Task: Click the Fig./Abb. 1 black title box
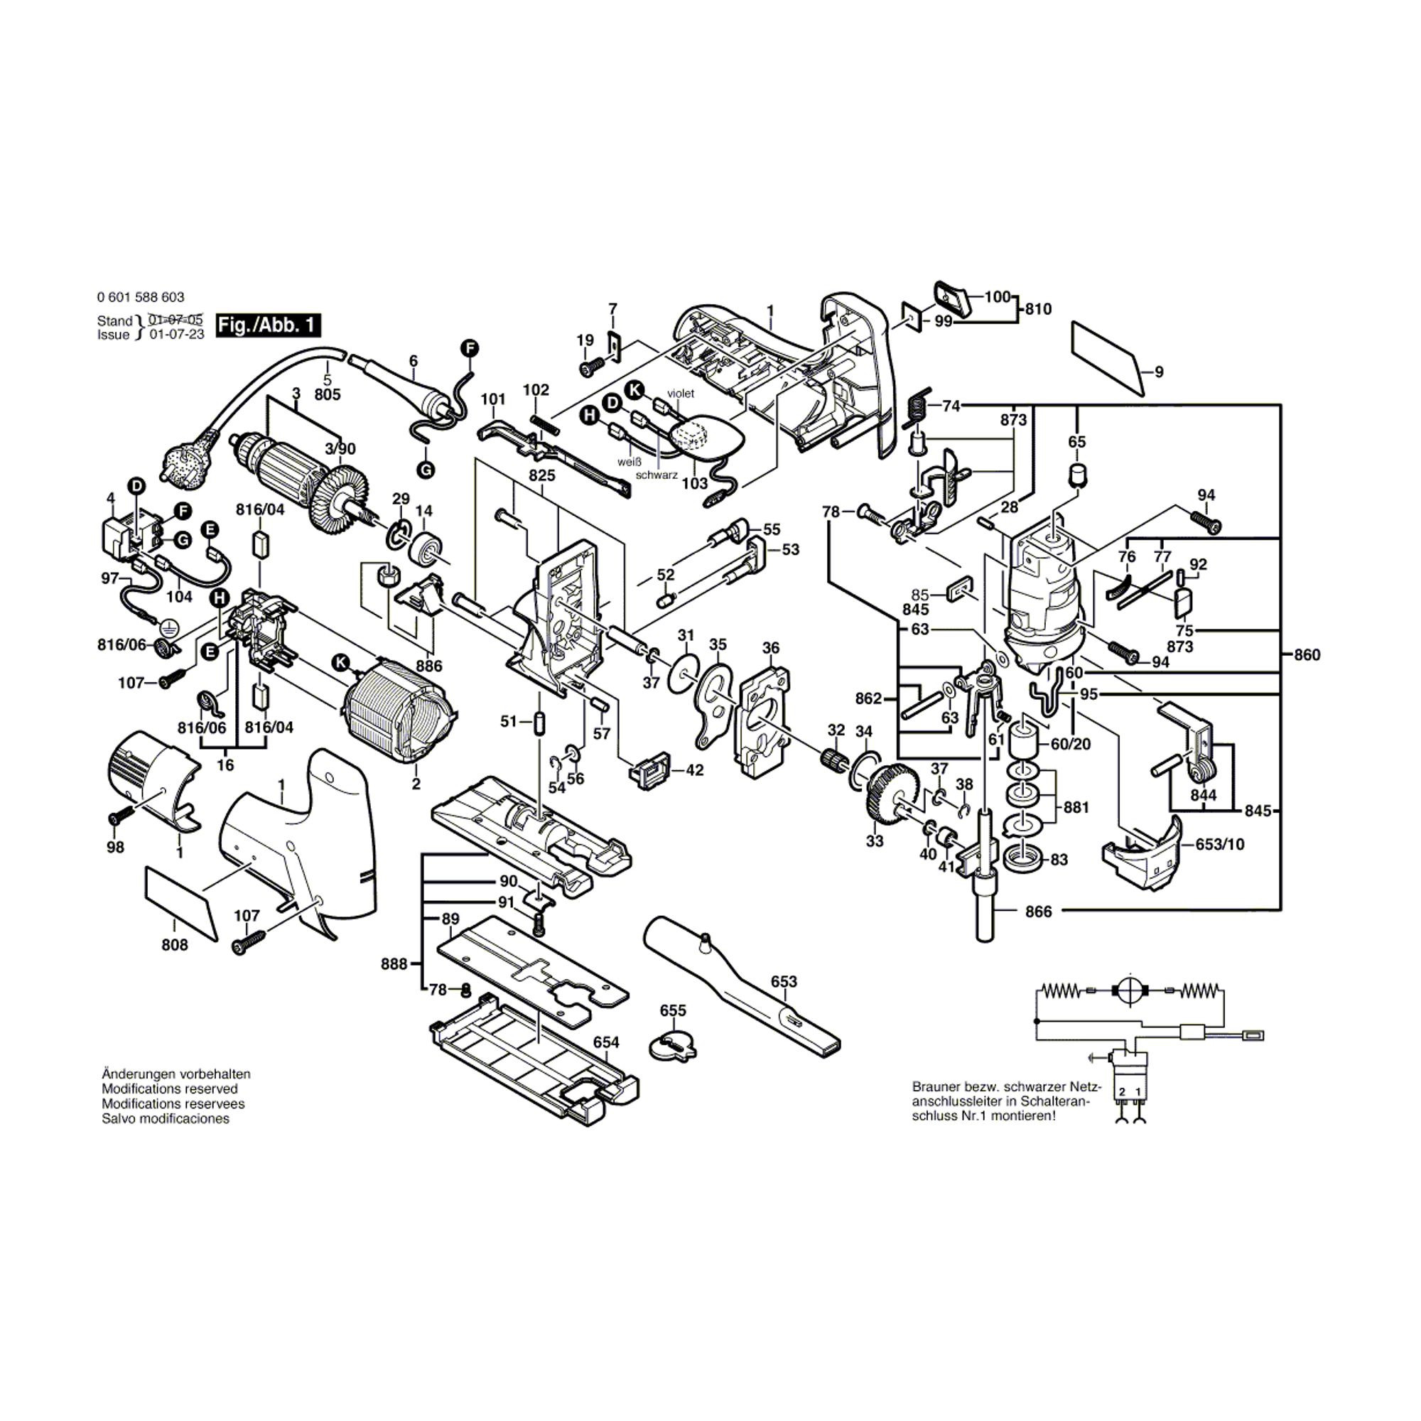tap(269, 325)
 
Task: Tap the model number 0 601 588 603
tap(141, 297)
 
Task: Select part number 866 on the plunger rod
tap(1039, 912)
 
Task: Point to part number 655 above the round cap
tap(673, 1010)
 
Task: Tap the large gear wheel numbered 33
tap(893, 788)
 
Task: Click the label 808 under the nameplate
tap(175, 945)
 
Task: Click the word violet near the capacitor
tap(681, 394)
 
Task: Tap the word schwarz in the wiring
tap(657, 475)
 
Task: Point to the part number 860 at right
tap(1307, 654)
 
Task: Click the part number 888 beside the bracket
tap(394, 963)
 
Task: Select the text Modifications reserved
tap(170, 1088)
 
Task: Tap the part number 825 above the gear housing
tap(542, 476)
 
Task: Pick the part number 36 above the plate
tap(771, 648)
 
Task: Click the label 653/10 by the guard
tap(1220, 844)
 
